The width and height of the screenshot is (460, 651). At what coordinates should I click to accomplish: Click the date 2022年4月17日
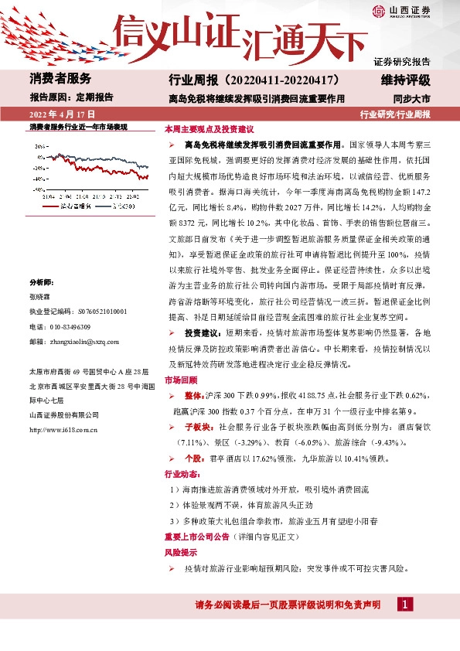(x=61, y=114)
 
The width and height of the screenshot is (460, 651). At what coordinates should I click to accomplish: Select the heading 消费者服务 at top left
(x=60, y=79)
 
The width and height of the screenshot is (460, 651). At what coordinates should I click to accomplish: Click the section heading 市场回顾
(x=180, y=380)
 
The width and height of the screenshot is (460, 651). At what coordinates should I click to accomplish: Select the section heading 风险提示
(x=180, y=554)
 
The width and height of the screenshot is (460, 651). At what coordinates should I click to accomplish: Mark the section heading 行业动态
(x=180, y=473)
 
